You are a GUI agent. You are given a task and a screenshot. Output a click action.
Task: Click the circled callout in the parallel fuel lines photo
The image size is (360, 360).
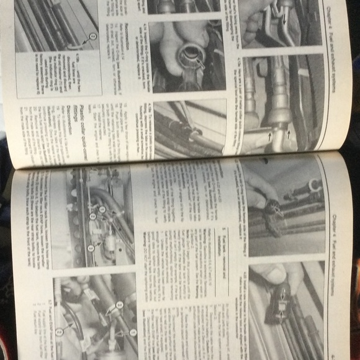click(x=92, y=37)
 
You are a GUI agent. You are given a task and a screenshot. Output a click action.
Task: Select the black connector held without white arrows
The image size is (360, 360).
click(x=273, y=214)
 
